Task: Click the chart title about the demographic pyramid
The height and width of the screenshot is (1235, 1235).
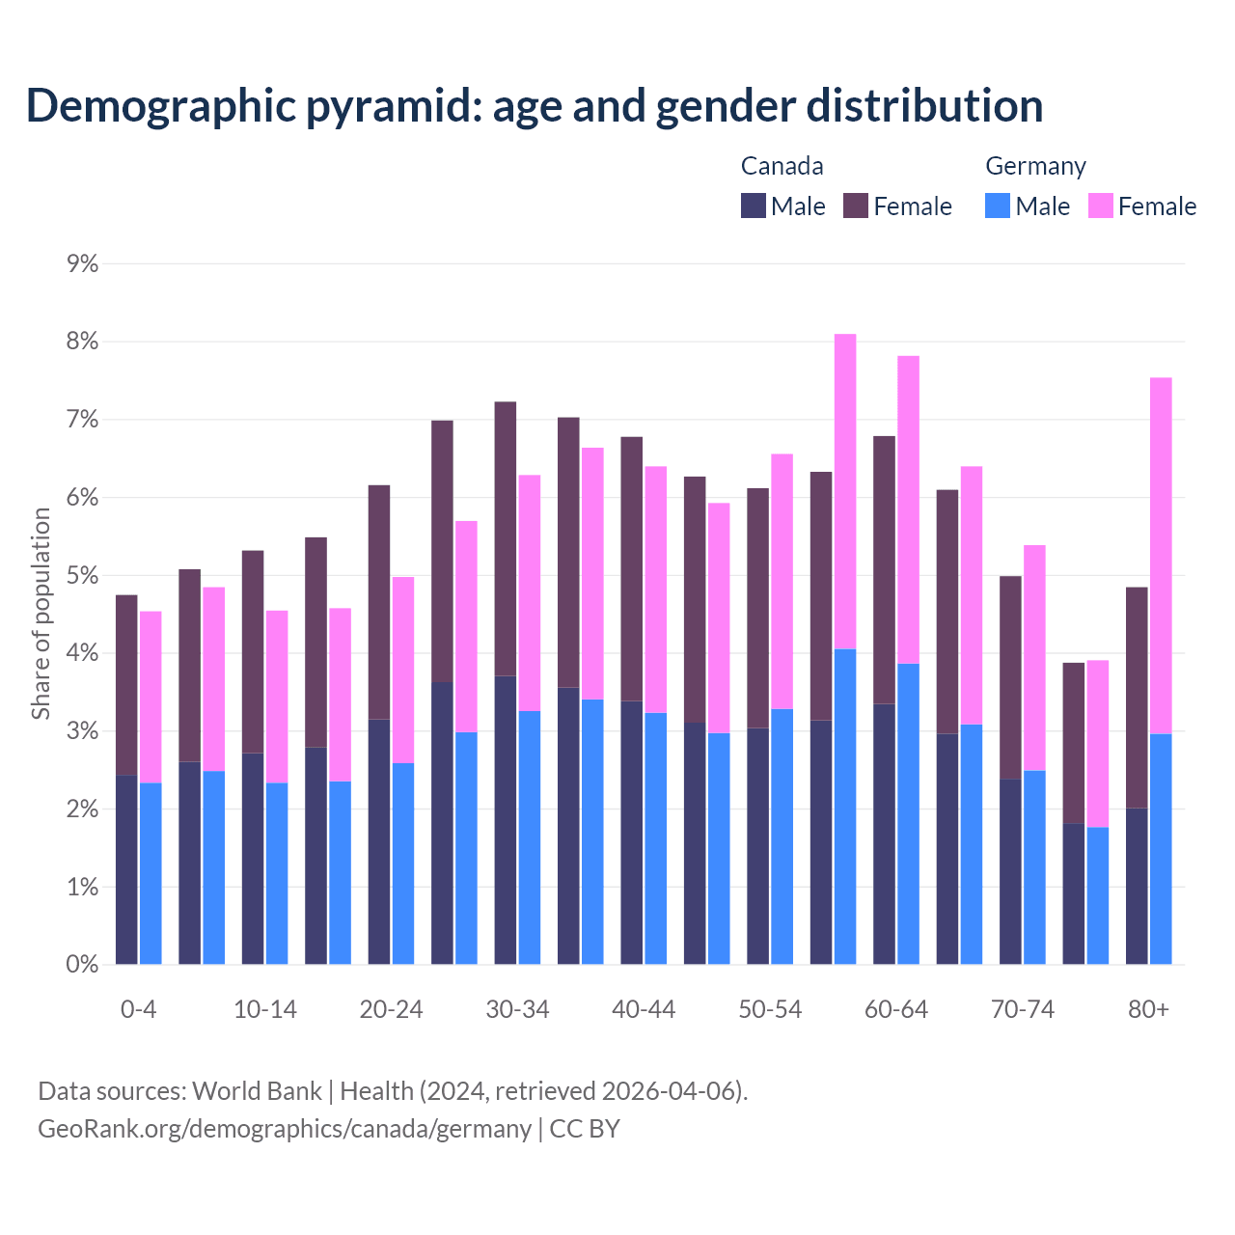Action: [x=534, y=106]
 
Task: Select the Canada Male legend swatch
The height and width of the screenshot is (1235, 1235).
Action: [x=753, y=206]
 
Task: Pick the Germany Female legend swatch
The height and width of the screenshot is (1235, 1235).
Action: [x=1100, y=206]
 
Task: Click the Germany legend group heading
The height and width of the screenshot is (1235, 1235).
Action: [x=1035, y=166]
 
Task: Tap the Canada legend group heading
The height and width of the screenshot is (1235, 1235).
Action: [x=782, y=166]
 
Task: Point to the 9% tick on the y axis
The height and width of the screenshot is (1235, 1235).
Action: [x=83, y=264]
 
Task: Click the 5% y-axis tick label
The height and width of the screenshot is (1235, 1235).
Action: [x=83, y=576]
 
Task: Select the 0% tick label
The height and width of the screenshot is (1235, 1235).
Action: [x=83, y=964]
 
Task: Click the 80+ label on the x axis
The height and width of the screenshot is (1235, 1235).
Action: [x=1148, y=1010]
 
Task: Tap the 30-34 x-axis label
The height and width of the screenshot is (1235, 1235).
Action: [x=517, y=1010]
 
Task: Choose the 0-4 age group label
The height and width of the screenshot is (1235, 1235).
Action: [x=138, y=1010]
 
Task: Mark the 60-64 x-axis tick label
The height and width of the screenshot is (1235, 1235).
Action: [x=895, y=1010]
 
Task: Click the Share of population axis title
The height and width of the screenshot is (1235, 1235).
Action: [x=41, y=614]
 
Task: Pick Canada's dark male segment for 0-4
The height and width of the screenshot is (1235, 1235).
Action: [x=126, y=868]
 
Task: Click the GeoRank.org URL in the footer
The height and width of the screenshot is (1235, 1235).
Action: [x=285, y=1129]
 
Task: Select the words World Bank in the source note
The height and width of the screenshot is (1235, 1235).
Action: [x=257, y=1091]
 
